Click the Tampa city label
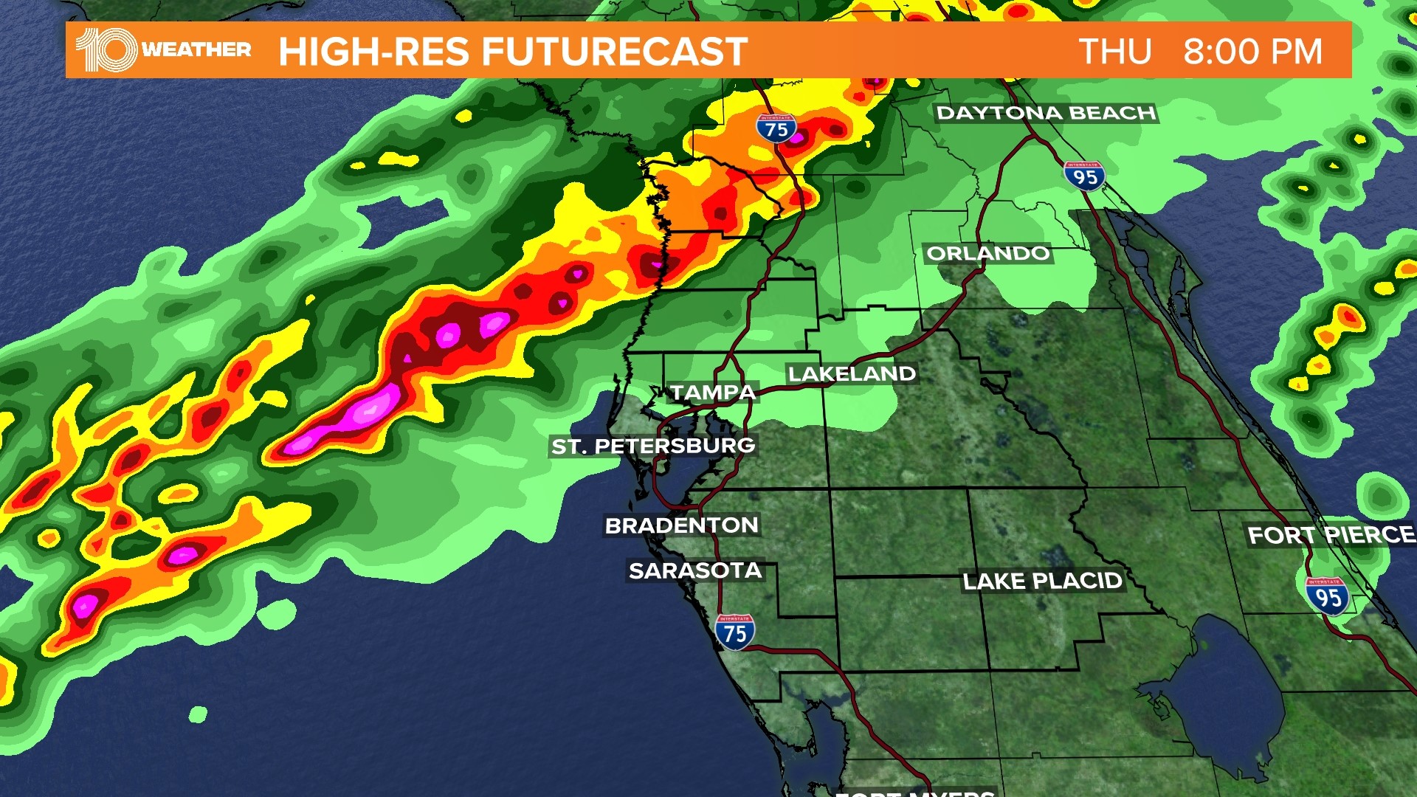[x=713, y=393]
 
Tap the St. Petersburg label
[x=653, y=446]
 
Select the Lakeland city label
[x=852, y=374]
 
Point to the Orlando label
[x=987, y=253]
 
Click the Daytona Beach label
[x=1046, y=113]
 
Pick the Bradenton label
[x=681, y=525]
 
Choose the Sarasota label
[x=694, y=570]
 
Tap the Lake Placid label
[x=1042, y=582]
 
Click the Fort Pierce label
[x=1331, y=534]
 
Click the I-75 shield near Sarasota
[x=734, y=632]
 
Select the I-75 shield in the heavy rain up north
[x=776, y=129]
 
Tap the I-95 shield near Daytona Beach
[x=1084, y=176]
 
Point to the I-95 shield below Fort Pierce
[x=1327, y=596]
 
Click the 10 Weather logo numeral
[x=106, y=50]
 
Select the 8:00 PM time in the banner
[x=1252, y=52]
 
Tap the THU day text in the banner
[x=1115, y=52]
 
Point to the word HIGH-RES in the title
[x=373, y=52]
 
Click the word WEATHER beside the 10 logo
[x=196, y=49]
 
